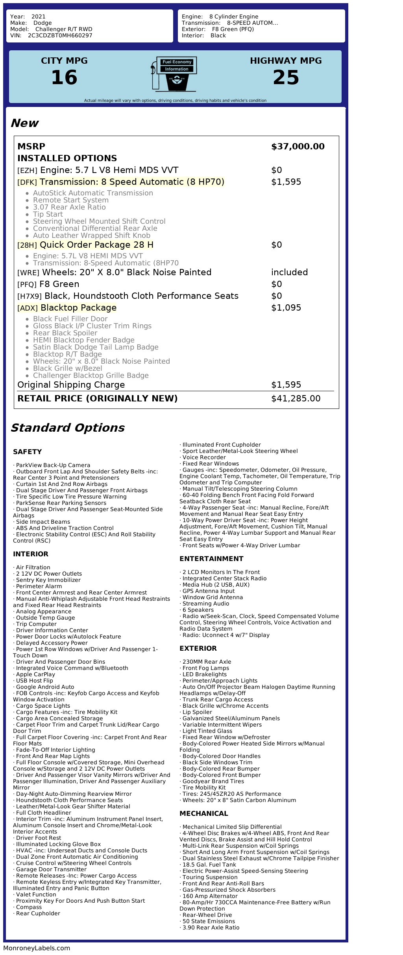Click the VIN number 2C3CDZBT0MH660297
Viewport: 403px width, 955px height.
click(60, 35)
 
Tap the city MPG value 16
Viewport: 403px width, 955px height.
click(64, 77)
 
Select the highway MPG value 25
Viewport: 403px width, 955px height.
click(286, 77)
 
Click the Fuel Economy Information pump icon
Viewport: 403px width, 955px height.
click(174, 74)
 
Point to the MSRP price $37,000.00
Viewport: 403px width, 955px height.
click(298, 147)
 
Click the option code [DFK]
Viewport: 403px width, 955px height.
click(27, 182)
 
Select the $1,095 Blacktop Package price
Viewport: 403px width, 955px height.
click(286, 308)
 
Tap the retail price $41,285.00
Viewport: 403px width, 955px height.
click(296, 399)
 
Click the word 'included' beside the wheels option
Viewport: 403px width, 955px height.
click(289, 272)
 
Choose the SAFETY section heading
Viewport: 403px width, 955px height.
click(27, 452)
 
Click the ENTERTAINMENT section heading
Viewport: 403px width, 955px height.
click(211, 559)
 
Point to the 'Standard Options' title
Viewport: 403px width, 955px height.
click(67, 428)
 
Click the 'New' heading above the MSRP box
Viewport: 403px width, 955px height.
click(24, 123)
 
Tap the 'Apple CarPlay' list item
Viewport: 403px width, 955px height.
click(35, 674)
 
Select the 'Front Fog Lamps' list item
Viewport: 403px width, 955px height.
click(205, 668)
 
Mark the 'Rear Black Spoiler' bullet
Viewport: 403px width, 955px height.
click(65, 333)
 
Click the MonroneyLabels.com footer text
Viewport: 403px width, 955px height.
click(37, 948)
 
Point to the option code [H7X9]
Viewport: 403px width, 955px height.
click(30, 296)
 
